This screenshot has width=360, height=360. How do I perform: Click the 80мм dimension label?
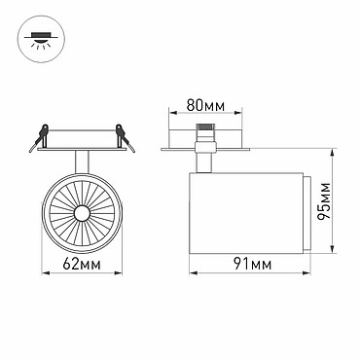(x=205, y=105)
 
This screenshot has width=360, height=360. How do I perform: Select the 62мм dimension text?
(x=82, y=265)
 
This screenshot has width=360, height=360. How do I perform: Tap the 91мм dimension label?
(x=253, y=265)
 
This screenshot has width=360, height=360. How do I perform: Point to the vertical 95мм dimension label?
(x=324, y=201)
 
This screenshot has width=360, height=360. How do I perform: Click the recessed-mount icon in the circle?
(x=41, y=40)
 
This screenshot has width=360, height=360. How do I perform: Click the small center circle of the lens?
(x=82, y=213)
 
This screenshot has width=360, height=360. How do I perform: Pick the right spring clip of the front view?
(x=126, y=137)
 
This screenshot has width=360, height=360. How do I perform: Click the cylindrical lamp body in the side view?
(x=246, y=213)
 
